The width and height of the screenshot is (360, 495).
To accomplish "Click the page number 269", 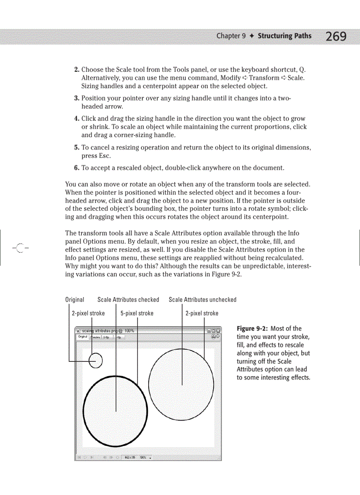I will pyautogui.click(x=336, y=36).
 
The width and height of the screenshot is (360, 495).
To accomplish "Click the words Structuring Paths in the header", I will pyautogui.click(x=285, y=36).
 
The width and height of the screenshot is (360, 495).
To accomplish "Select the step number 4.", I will pyautogui.click(x=76, y=119).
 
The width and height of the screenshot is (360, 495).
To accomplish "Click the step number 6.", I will pyautogui.click(x=76, y=168).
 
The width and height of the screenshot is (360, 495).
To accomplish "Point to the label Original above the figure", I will pyautogui.click(x=75, y=300).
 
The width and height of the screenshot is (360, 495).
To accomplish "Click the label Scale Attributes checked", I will pyautogui.click(x=128, y=300).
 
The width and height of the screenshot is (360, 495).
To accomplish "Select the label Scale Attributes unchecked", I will pyautogui.click(x=202, y=300).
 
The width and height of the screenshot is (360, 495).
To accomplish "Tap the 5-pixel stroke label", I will pyautogui.click(x=137, y=313).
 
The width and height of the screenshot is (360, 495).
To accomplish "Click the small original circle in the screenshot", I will pyautogui.click(x=96, y=361).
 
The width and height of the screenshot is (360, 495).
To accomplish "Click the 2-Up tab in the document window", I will pyautogui.click(x=107, y=337).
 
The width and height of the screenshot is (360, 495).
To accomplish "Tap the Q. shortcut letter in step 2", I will pyautogui.click(x=302, y=70).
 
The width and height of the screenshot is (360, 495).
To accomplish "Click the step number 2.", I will pyautogui.click(x=76, y=70).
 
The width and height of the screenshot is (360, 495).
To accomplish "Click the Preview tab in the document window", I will pyautogui.click(x=95, y=337).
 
